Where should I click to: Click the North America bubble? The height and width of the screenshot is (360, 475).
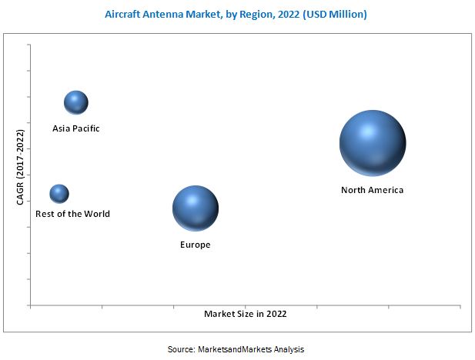click(x=373, y=143)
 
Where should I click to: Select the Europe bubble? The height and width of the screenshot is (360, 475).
click(x=196, y=208)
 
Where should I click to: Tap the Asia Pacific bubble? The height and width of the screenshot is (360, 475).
click(x=75, y=102)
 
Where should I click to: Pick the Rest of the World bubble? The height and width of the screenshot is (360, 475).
click(x=59, y=194)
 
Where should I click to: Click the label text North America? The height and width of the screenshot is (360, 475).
click(x=372, y=190)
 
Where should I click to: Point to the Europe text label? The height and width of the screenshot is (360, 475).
click(x=196, y=245)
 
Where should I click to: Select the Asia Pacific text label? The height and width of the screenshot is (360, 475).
click(x=75, y=128)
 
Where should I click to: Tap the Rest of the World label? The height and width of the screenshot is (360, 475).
click(x=72, y=214)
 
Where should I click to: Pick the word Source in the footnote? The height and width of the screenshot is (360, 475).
click(x=181, y=349)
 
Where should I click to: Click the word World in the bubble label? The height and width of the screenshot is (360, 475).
click(x=96, y=214)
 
